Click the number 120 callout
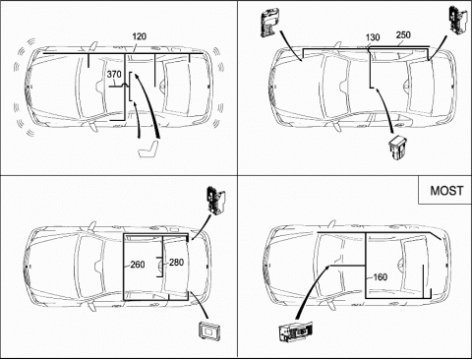coord(140,36)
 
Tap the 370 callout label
coord(114,75)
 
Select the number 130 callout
coord(373,37)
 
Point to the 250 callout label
coord(403,34)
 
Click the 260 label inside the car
coord(138,265)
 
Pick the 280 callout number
coord(176,263)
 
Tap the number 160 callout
coord(381,277)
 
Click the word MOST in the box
coord(446,191)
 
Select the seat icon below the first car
coord(149,150)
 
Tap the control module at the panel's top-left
coord(270,24)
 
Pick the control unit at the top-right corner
coord(459,20)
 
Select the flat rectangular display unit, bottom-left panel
coord(209,330)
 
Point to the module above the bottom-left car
coord(216,201)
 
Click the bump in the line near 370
coord(125,85)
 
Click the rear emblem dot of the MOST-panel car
coord(446,265)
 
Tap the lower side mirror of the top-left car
coord(93,126)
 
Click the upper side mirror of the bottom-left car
coord(92,225)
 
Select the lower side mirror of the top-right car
coord(336,127)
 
